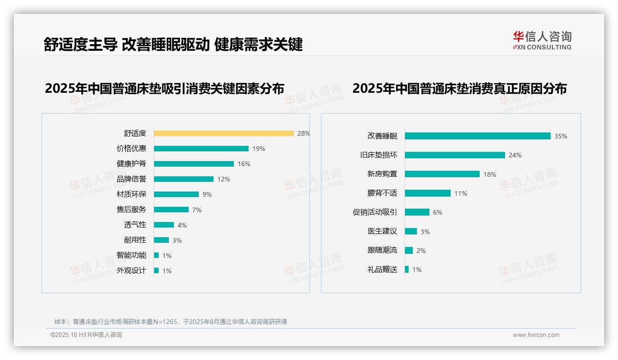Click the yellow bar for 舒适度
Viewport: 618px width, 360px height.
[224, 133]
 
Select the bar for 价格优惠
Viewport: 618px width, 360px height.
[201, 149]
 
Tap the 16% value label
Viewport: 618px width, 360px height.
[244, 164]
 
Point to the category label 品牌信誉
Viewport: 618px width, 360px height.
[131, 179]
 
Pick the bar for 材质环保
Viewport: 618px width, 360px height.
[176, 194]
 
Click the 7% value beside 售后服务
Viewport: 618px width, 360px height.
[197, 210]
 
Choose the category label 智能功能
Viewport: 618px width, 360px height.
[131, 255]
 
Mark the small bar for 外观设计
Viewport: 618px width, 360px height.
[156, 270]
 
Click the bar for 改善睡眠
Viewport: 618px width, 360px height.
[478, 136]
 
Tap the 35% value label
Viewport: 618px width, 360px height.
[561, 136]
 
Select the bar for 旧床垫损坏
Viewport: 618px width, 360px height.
[455, 155]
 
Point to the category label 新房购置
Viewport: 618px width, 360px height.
[382, 174]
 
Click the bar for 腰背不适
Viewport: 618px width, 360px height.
[428, 193]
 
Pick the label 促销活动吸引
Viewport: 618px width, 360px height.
[375, 212]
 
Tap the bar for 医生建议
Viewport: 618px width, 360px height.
[411, 231]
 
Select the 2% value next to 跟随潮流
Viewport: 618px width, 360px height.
[421, 251]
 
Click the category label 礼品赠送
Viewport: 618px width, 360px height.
[382, 270]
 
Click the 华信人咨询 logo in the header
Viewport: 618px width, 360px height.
[542, 41]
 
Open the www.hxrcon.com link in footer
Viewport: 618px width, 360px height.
[536, 335]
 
